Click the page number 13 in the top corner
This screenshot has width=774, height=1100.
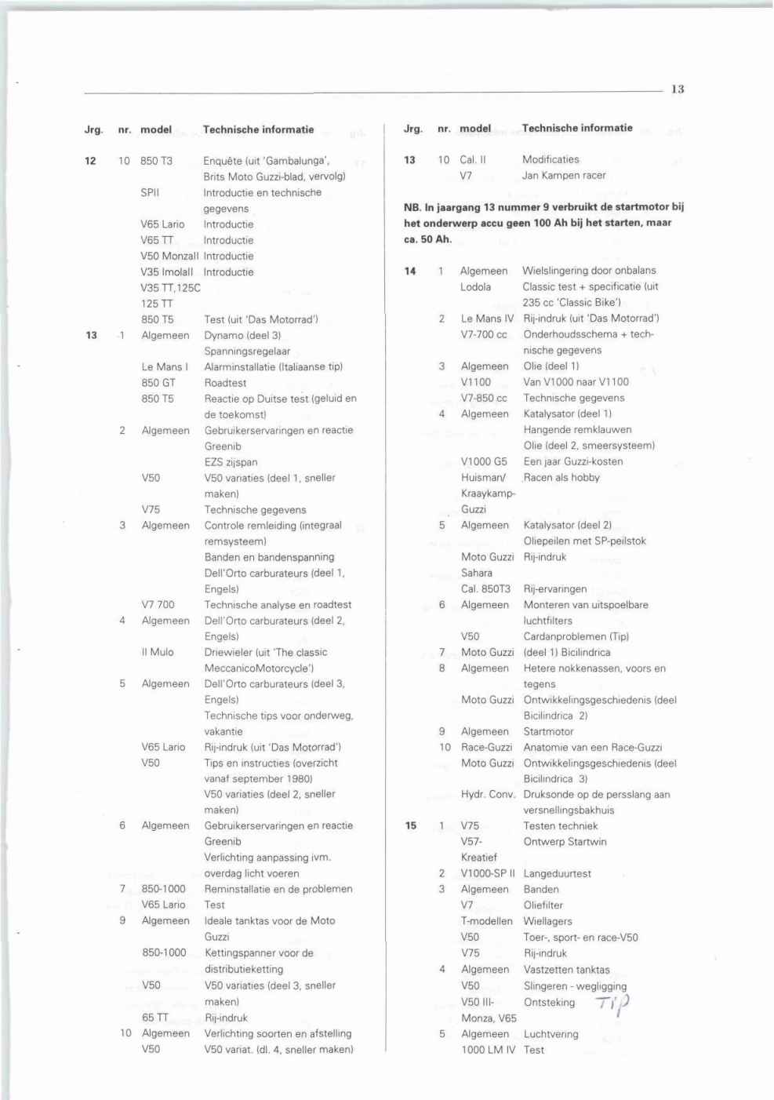tap(678, 89)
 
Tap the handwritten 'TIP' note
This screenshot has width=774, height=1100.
tap(613, 1003)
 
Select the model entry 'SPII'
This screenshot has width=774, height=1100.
tap(150, 192)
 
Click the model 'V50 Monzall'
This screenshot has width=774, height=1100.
tap(169, 256)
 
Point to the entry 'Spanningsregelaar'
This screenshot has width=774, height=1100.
tap(247, 351)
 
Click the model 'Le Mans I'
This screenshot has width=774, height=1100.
tap(165, 366)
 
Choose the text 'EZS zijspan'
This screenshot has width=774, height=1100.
tap(231, 462)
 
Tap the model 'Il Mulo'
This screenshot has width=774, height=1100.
tap(158, 652)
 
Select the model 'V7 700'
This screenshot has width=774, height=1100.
tap(158, 604)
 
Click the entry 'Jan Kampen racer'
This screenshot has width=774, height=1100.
tap(564, 175)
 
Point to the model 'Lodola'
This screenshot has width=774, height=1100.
tap(475, 286)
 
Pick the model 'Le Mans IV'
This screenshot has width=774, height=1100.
tap(487, 319)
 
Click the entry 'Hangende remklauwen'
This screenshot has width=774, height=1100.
tap(577, 429)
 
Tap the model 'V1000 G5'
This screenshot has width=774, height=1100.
tap(484, 461)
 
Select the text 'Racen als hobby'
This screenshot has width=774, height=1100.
tap(561, 477)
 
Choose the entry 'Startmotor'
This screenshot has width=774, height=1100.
tap(548, 731)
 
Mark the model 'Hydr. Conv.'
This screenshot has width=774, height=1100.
tap(488, 794)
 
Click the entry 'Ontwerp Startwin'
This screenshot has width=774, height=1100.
tap(565, 842)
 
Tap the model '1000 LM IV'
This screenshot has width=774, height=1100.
tap(488, 1050)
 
